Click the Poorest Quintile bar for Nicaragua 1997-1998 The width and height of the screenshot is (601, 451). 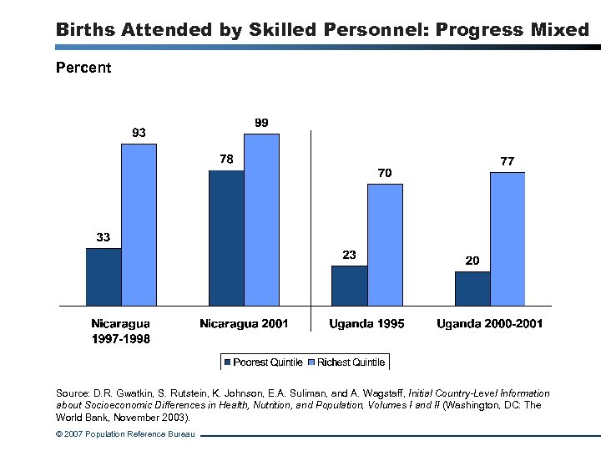click(x=104, y=276)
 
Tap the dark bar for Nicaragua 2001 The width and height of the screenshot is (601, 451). click(x=226, y=238)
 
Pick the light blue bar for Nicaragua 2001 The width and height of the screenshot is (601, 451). click(x=261, y=220)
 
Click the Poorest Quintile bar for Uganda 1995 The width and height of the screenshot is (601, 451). click(x=349, y=286)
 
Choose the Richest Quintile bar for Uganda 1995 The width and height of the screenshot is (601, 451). click(x=385, y=245)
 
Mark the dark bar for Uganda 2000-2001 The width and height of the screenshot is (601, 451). click(x=472, y=288)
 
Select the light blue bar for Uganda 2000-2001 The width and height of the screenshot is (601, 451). click(x=508, y=239)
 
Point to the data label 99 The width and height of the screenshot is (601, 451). click(x=261, y=123)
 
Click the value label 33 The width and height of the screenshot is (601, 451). click(x=103, y=237)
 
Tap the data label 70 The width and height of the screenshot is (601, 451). click(x=384, y=173)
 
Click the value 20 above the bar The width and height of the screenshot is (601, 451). click(x=472, y=261)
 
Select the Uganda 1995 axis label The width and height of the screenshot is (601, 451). click(x=366, y=324)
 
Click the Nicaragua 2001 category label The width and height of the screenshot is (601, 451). click(x=244, y=324)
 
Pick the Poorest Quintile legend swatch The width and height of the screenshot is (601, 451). click(x=228, y=362)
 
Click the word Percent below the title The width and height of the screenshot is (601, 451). click(x=83, y=68)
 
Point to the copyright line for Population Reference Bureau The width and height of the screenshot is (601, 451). click(x=125, y=434)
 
